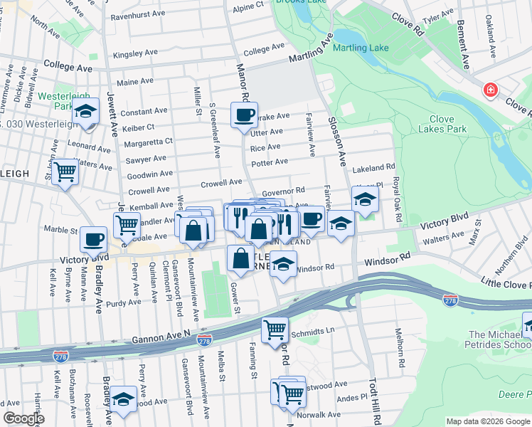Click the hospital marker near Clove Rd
click(490, 90)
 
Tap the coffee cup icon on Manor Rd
click(244, 114)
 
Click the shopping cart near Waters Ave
click(65, 171)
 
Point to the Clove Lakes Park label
click(447, 124)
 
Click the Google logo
click(23, 418)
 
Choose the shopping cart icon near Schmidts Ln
click(275, 330)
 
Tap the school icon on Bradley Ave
click(124, 399)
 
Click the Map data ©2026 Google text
click(487, 421)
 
